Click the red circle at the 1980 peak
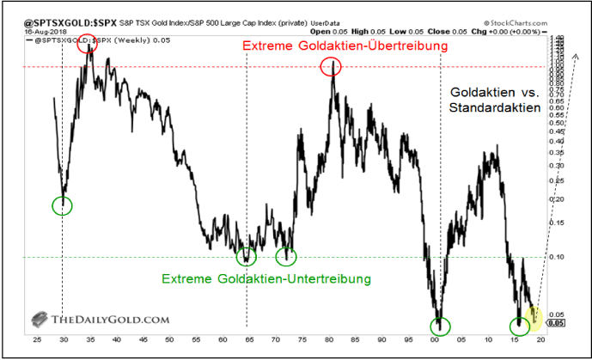point(332,66)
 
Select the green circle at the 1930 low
point(63,205)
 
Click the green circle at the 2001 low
point(440,325)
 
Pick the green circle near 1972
point(286,255)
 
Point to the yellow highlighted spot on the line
point(534,316)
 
